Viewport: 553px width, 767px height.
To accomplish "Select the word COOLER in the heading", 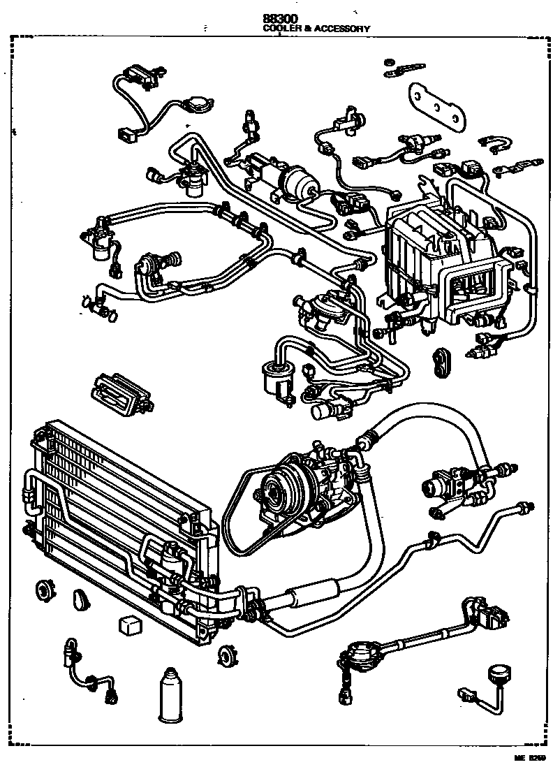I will tap(277, 29).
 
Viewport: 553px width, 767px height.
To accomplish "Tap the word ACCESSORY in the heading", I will tap(341, 29).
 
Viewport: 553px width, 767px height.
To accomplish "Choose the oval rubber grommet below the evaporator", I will tap(441, 360).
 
